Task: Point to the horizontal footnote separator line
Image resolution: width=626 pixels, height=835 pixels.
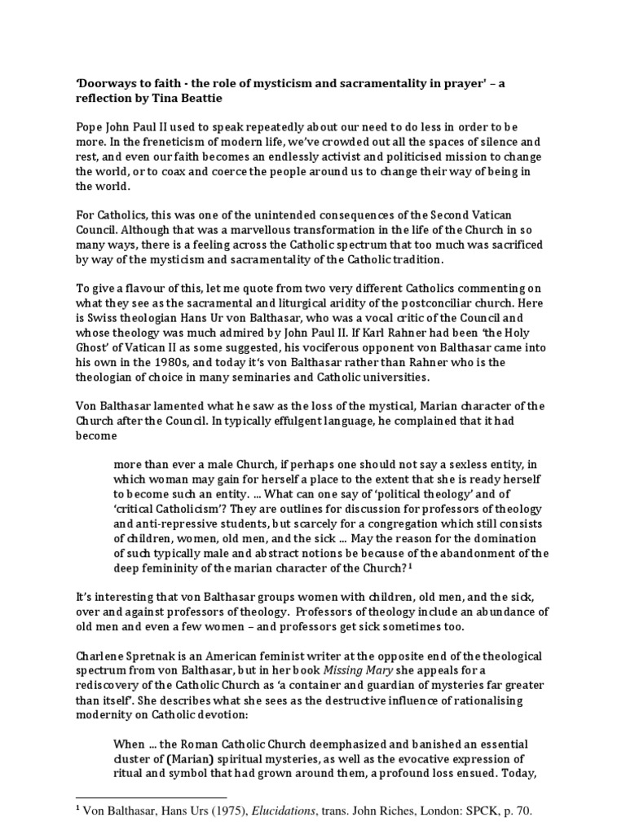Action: pos(151,797)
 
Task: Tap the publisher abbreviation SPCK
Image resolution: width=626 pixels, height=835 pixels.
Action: pos(476,813)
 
